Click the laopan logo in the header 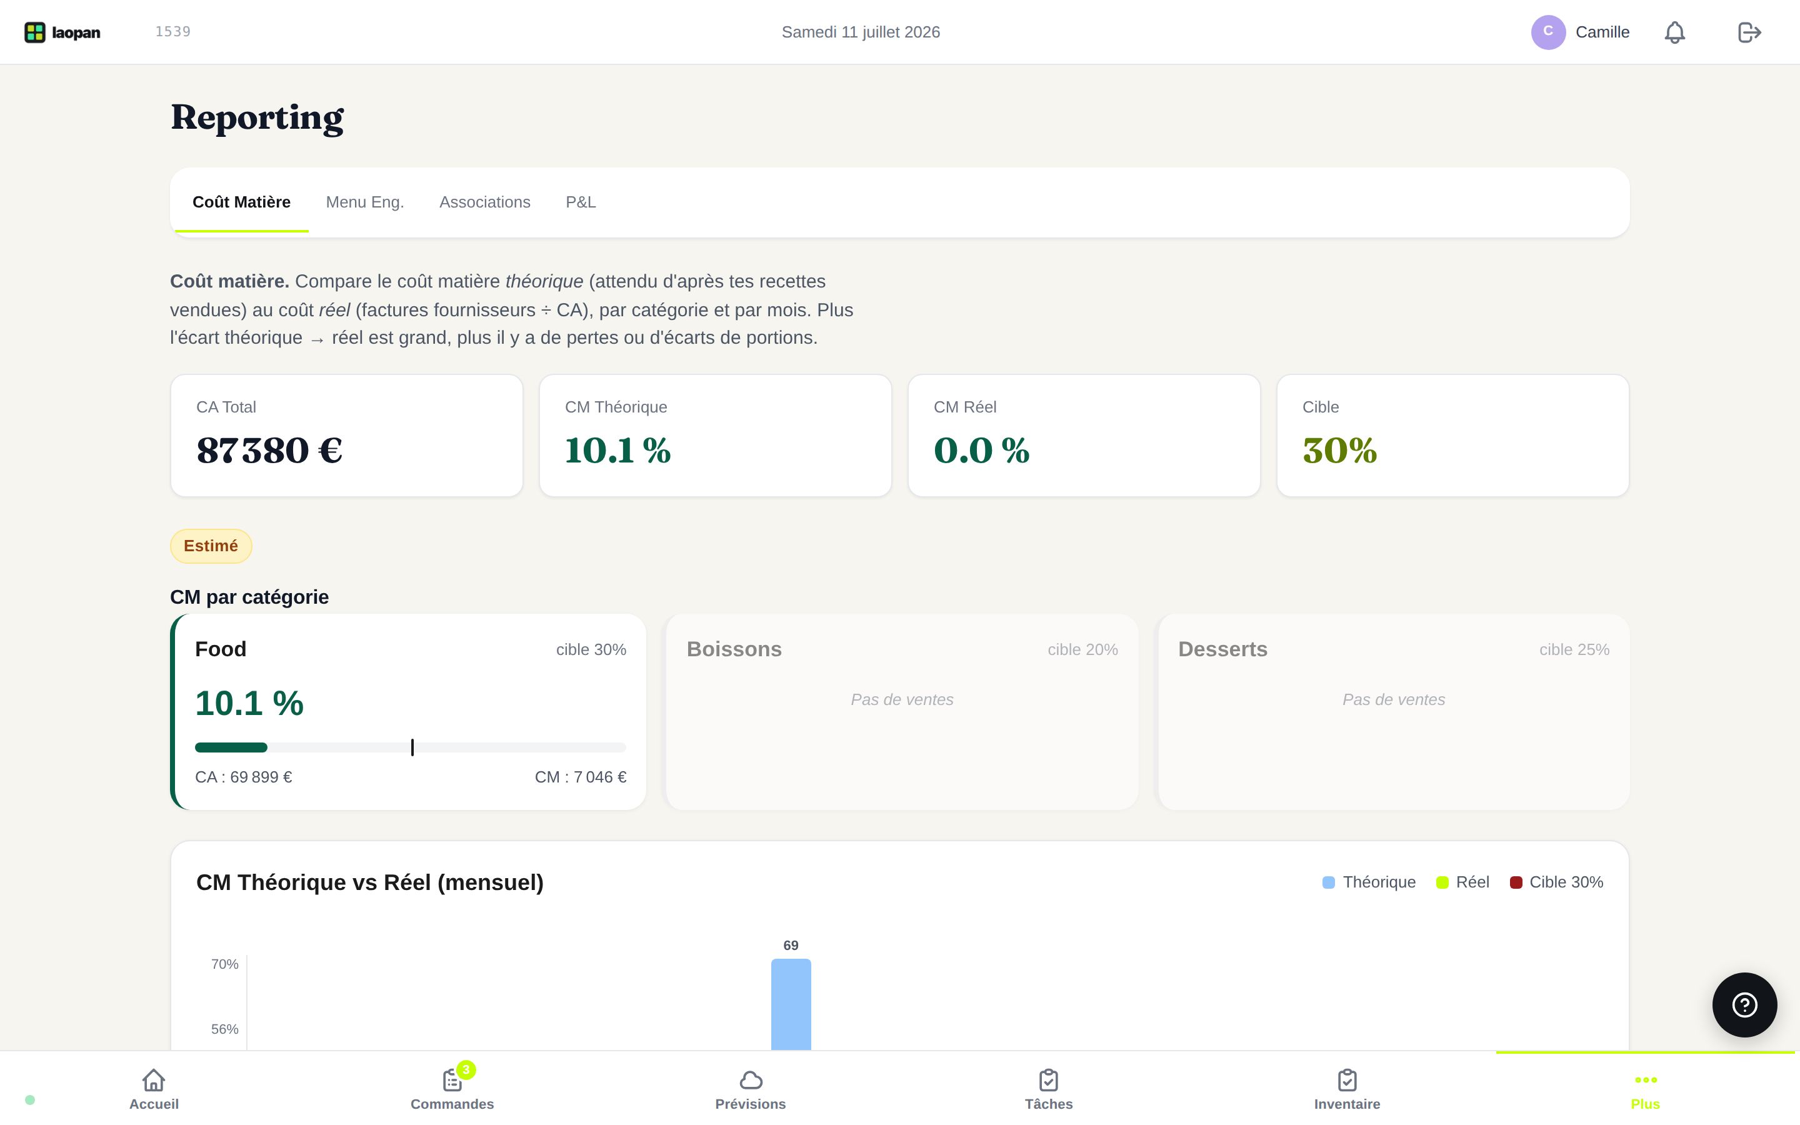(x=62, y=32)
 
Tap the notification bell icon (x=1674, y=32)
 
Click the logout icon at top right (x=1749, y=32)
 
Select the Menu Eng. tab (x=364, y=202)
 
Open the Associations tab (x=485, y=202)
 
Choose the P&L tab (x=581, y=202)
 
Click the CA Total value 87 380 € (x=269, y=450)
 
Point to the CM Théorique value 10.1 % (x=617, y=450)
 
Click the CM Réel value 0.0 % (x=981, y=450)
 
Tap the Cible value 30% (x=1339, y=450)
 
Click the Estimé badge (x=211, y=546)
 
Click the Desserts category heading (x=1222, y=649)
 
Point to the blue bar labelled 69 (x=791, y=1004)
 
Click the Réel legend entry (x=1462, y=882)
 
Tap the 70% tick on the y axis (x=224, y=964)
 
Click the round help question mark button (x=1744, y=1005)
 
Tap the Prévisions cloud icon (x=751, y=1079)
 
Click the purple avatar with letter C (x=1549, y=32)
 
